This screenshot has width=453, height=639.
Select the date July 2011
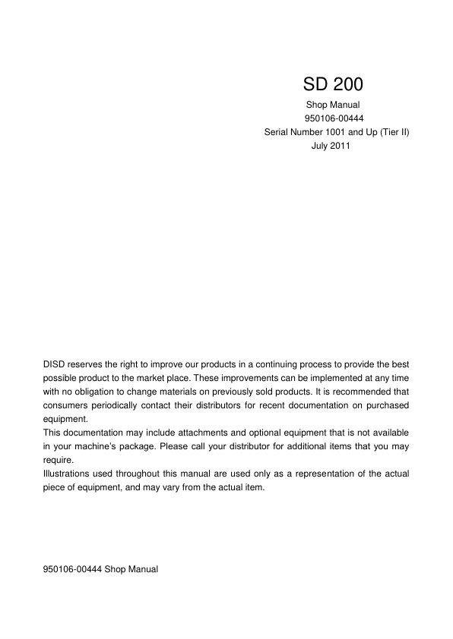(331, 145)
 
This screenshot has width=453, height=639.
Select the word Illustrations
(68, 474)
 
